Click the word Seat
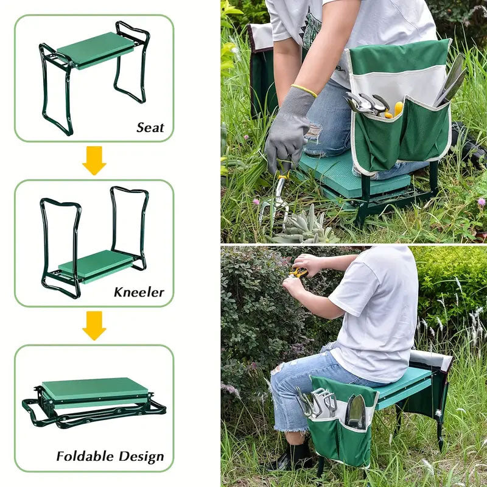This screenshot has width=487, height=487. pos(150,127)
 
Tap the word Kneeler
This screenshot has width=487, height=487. pos(139,292)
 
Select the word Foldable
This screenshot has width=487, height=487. pos(85,456)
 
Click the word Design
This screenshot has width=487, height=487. pos(141,457)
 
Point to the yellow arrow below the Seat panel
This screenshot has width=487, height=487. pos(94,160)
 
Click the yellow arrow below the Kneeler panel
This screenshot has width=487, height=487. pos(94,326)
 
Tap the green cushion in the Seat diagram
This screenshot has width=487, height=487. pos(96,50)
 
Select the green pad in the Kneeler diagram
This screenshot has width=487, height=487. pos(96,266)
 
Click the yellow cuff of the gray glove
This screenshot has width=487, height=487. pos(304,90)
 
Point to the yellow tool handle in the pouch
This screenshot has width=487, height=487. pos(395,110)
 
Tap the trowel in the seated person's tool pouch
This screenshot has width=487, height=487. pos(356,410)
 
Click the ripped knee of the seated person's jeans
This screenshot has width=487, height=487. pos(278,369)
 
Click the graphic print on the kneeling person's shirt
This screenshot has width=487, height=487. pos(312,29)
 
